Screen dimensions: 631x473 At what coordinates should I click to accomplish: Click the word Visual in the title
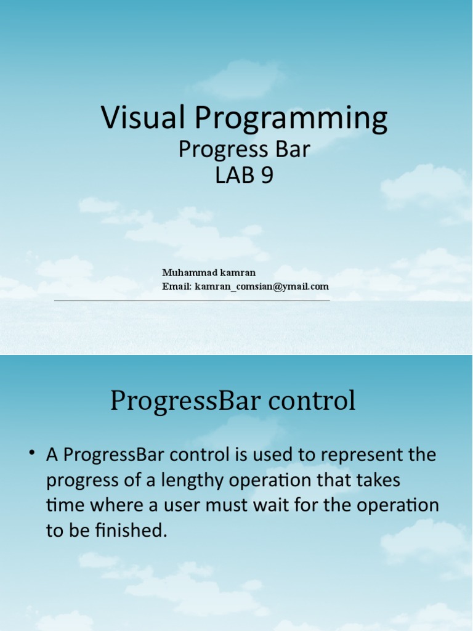(141, 118)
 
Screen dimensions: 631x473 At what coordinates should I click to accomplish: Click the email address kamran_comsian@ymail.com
(262, 287)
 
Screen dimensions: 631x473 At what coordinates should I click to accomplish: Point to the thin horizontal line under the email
(192, 301)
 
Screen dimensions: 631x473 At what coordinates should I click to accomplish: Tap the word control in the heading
(315, 401)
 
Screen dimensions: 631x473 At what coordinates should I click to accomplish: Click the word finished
(134, 531)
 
